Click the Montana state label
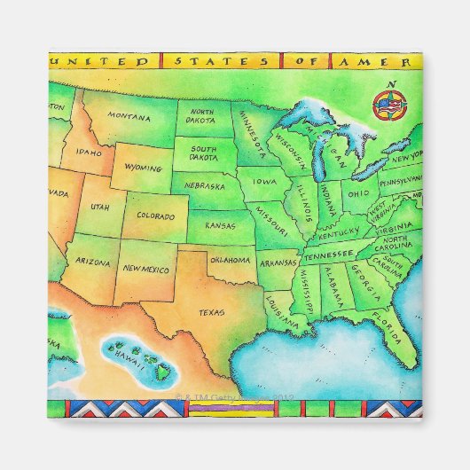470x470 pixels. pos(129,116)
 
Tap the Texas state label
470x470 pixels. pos(211,312)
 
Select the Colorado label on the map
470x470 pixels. pos(155,215)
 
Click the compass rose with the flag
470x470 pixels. pos(388,106)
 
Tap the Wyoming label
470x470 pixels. pos(142,167)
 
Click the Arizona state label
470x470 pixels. pos(93,262)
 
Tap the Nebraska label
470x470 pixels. pos(204,187)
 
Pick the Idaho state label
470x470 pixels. pos(89,152)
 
